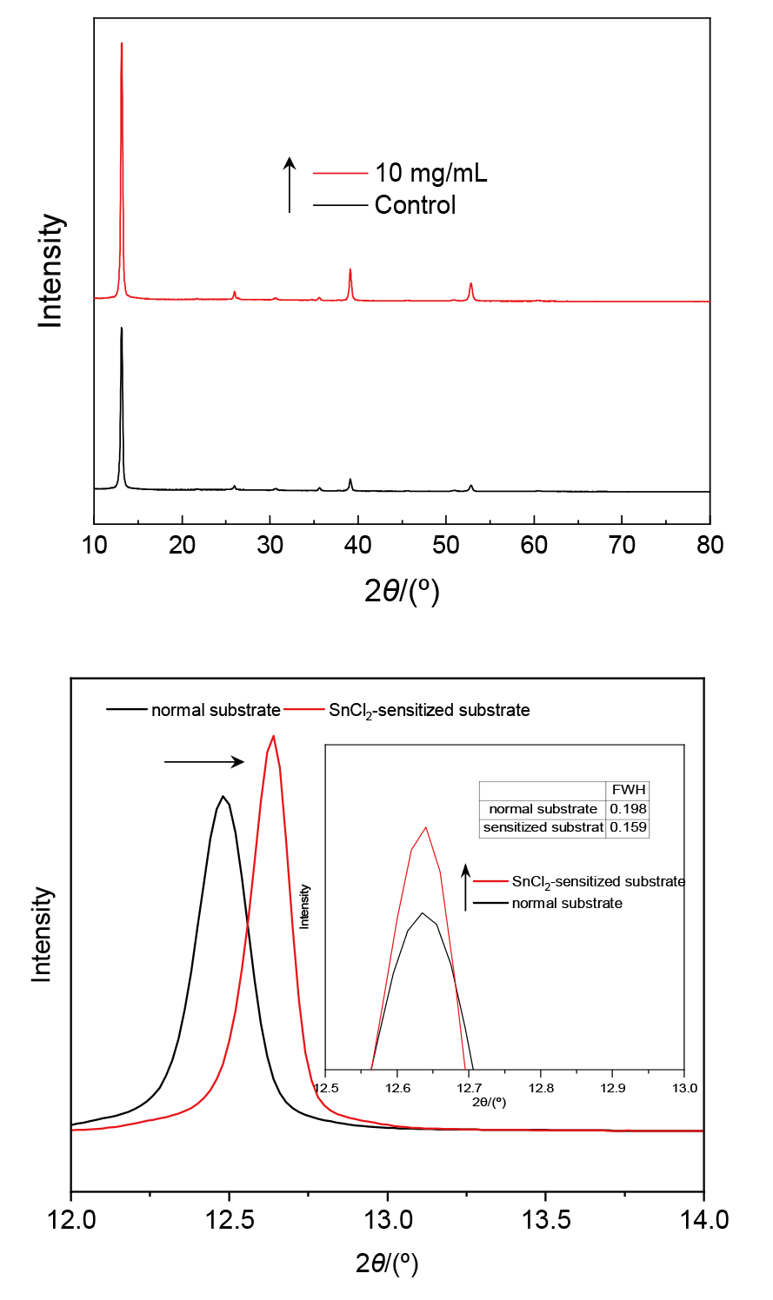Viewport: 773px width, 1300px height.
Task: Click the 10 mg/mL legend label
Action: (x=430, y=173)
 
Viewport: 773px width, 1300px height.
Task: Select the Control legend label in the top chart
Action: (x=415, y=205)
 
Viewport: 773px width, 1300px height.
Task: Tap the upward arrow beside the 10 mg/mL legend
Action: (x=290, y=184)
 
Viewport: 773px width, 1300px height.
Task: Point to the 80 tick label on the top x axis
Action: (x=710, y=545)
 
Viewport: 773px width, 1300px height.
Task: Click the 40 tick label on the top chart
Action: (x=357, y=545)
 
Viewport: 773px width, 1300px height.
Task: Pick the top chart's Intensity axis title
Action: (x=50, y=270)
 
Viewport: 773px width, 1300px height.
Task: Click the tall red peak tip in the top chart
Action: (x=122, y=43)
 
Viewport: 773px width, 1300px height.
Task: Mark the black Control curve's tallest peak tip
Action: (x=122, y=328)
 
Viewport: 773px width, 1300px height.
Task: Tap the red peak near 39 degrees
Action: (x=350, y=270)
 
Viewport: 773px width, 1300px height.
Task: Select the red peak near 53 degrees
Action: (x=471, y=284)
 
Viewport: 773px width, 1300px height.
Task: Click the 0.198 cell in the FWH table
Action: (x=628, y=809)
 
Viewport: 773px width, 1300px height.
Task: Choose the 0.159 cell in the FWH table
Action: (x=628, y=827)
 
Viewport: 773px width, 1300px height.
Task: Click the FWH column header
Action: (x=628, y=790)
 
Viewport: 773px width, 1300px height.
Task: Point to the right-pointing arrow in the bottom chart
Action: (x=204, y=762)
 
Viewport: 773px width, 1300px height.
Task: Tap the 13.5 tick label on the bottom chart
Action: (x=545, y=1220)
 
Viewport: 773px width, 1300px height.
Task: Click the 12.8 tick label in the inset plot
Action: (x=541, y=1087)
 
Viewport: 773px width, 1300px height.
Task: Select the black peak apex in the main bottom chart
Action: (x=223, y=796)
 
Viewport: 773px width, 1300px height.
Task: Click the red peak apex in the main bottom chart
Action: (x=274, y=736)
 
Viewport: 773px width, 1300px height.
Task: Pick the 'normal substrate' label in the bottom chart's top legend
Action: (x=216, y=710)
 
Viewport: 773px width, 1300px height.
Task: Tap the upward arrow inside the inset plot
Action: (x=466, y=887)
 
